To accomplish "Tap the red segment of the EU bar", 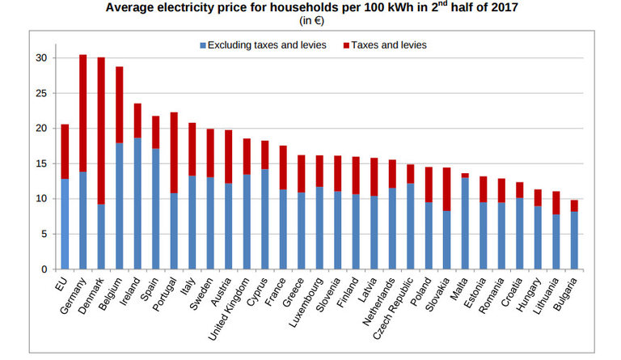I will point(65,151).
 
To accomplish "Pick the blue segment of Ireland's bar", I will point(138,203).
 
